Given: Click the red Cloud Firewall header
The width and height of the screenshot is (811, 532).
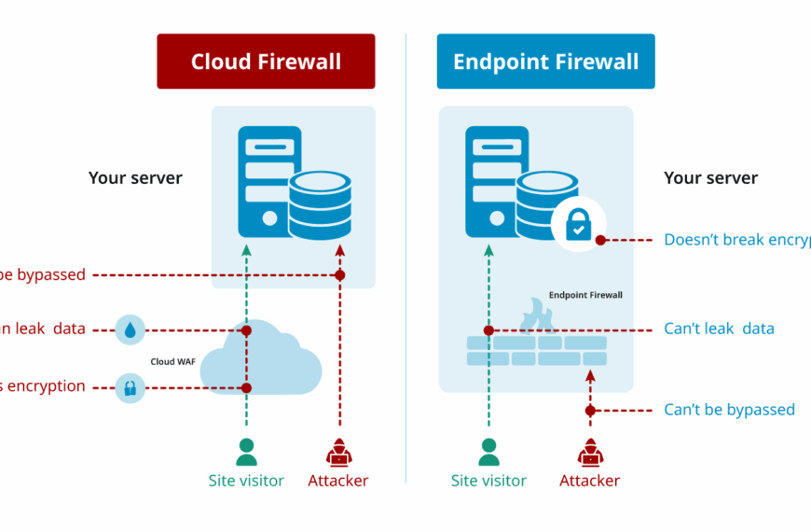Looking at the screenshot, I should click(266, 62).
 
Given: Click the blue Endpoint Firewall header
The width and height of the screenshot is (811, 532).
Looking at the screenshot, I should click(545, 62).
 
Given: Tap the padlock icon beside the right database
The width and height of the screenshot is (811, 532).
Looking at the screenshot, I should click(578, 225).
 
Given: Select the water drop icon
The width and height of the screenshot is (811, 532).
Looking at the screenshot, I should click(131, 329).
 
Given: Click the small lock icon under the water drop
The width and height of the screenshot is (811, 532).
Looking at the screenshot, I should click(131, 387).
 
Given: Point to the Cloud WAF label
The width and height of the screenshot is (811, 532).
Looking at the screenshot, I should click(172, 361).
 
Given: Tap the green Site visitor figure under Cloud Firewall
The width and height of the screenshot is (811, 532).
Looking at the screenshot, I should click(246, 453).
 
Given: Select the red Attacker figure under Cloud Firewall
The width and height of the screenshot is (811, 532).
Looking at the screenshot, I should click(339, 453).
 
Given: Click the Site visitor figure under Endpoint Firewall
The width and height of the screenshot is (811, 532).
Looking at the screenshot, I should click(488, 453).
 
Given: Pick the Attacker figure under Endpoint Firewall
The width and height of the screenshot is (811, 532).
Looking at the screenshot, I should click(589, 453).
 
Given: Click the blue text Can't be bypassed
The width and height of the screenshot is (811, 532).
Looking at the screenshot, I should click(729, 410).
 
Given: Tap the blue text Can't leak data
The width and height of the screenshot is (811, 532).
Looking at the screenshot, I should click(719, 329).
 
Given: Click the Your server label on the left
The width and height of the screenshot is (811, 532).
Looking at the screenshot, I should click(135, 177).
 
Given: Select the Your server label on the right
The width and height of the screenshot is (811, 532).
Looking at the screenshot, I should click(710, 177).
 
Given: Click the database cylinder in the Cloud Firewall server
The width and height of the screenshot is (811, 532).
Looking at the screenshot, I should click(319, 206).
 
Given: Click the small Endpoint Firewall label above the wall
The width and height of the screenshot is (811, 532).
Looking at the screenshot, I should click(584, 295).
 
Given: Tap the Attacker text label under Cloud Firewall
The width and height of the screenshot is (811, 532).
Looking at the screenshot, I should click(338, 482).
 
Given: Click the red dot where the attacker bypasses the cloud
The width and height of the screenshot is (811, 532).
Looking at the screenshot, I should click(339, 275).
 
